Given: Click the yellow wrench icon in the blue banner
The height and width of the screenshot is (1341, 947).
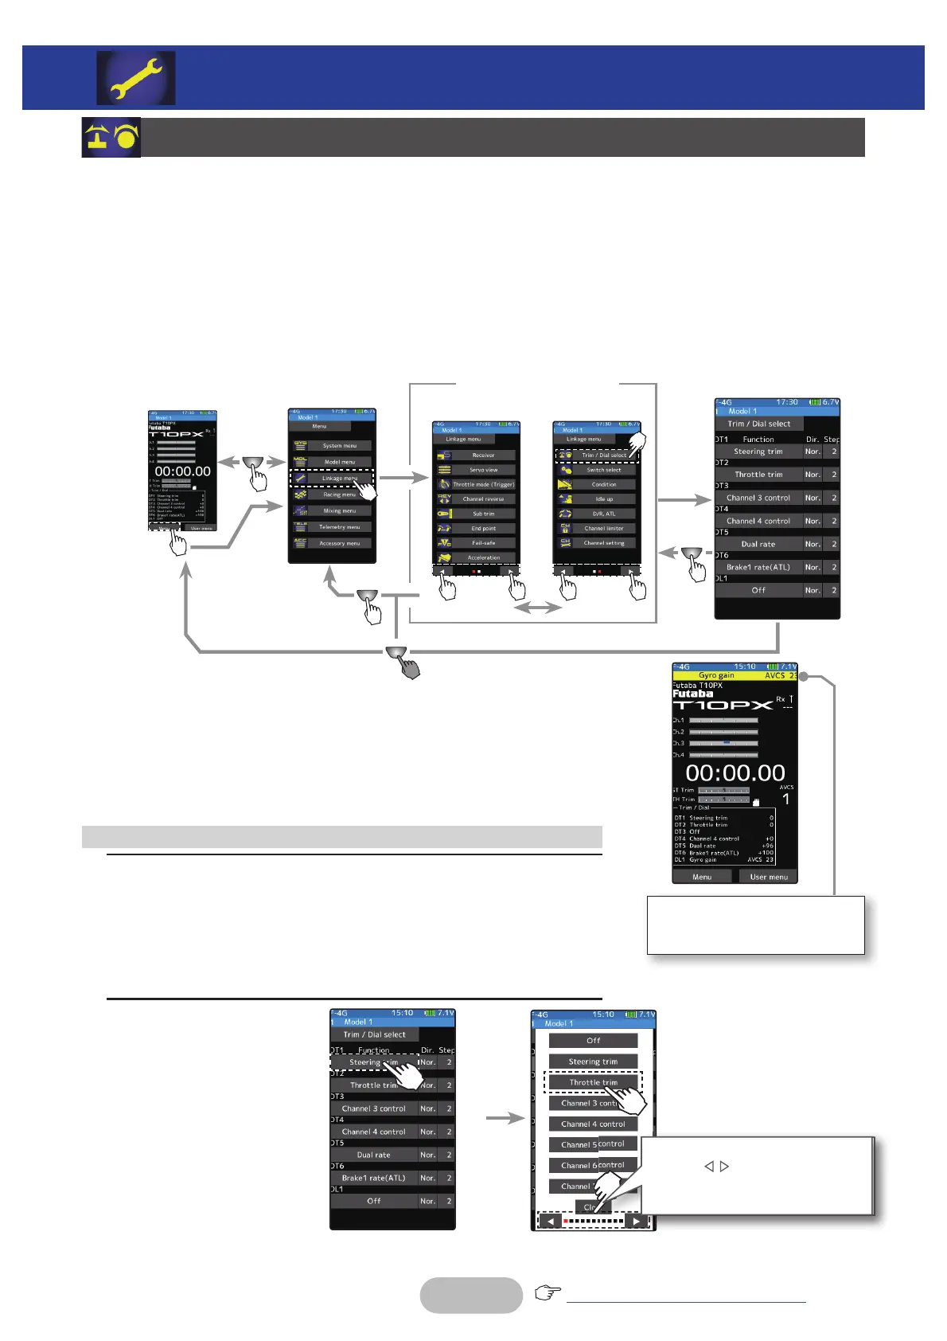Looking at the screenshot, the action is pos(136,78).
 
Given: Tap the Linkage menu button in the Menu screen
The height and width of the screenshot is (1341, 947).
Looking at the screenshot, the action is pos(339,478).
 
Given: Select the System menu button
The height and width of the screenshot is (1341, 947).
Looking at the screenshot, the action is pos(339,446).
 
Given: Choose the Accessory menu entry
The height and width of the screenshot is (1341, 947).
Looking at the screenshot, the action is pos(339,543).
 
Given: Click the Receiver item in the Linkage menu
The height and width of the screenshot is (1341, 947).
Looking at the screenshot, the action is pos(483,455).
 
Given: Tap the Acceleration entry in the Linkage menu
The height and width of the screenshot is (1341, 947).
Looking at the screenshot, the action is pos(483,557).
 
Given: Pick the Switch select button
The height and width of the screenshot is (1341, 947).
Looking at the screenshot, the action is pos(604,470).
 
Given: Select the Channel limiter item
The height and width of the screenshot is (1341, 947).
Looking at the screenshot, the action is pos(604,528).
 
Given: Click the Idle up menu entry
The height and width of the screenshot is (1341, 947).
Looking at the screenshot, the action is pos(604,499).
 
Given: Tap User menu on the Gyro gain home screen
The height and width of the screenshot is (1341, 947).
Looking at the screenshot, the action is pos(768,877).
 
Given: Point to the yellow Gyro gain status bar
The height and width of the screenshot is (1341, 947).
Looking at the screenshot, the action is pos(735,675).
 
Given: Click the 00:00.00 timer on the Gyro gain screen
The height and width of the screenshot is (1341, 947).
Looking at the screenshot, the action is pos(735,772).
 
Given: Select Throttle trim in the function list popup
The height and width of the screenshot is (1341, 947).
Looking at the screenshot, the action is pos(593,1083).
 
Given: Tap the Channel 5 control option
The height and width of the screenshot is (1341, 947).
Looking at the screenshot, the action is pos(593,1144).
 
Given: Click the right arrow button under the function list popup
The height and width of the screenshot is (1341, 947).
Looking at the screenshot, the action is pos(636,1221).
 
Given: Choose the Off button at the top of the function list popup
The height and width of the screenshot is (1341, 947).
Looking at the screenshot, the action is pos(593,1041).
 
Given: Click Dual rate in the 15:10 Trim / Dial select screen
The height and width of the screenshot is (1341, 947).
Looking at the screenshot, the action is pos(373,1155).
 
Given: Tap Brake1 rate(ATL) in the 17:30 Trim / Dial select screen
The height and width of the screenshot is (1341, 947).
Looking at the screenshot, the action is pos(758,568).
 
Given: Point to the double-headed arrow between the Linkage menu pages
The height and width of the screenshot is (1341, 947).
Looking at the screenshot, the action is pos(537,608).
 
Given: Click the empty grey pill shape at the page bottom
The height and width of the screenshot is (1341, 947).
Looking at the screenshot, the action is pos(471,1295).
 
